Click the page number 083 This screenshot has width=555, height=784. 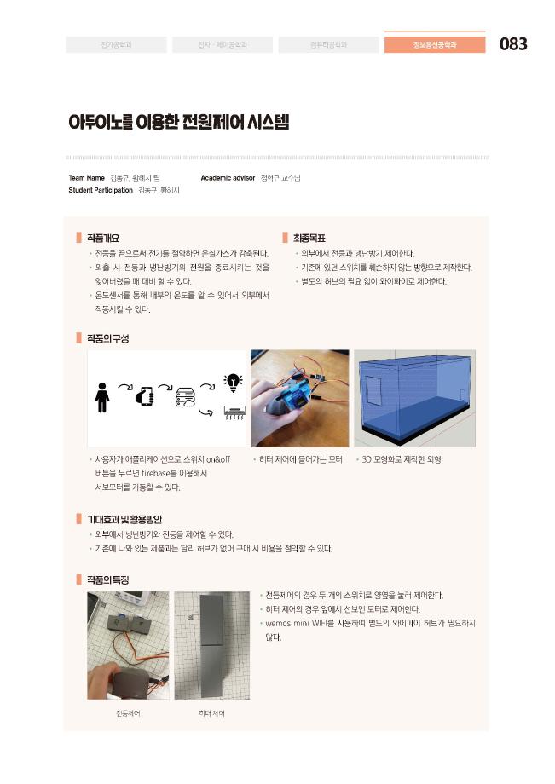513,44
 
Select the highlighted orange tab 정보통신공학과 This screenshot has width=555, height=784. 435,44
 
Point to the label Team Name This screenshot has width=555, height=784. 86,178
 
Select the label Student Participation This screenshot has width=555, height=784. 100,190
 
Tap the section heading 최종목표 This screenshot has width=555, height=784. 309,238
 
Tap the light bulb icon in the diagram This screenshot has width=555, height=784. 232,382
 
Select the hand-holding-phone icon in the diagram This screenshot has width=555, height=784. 143,397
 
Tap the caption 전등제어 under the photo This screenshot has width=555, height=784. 128,713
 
